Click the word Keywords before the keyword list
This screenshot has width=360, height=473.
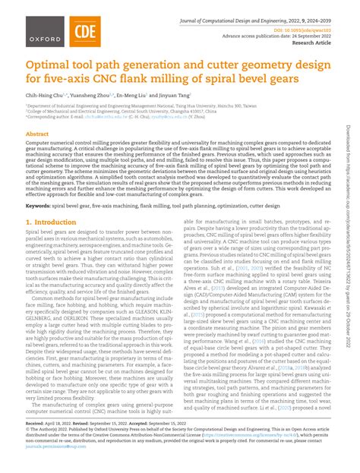point(41,205)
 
